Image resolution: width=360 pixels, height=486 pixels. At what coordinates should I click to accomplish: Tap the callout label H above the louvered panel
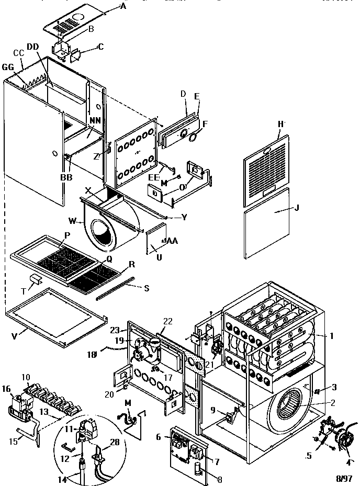(281, 124)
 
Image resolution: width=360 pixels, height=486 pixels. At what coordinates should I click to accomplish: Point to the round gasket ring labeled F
(194, 137)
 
